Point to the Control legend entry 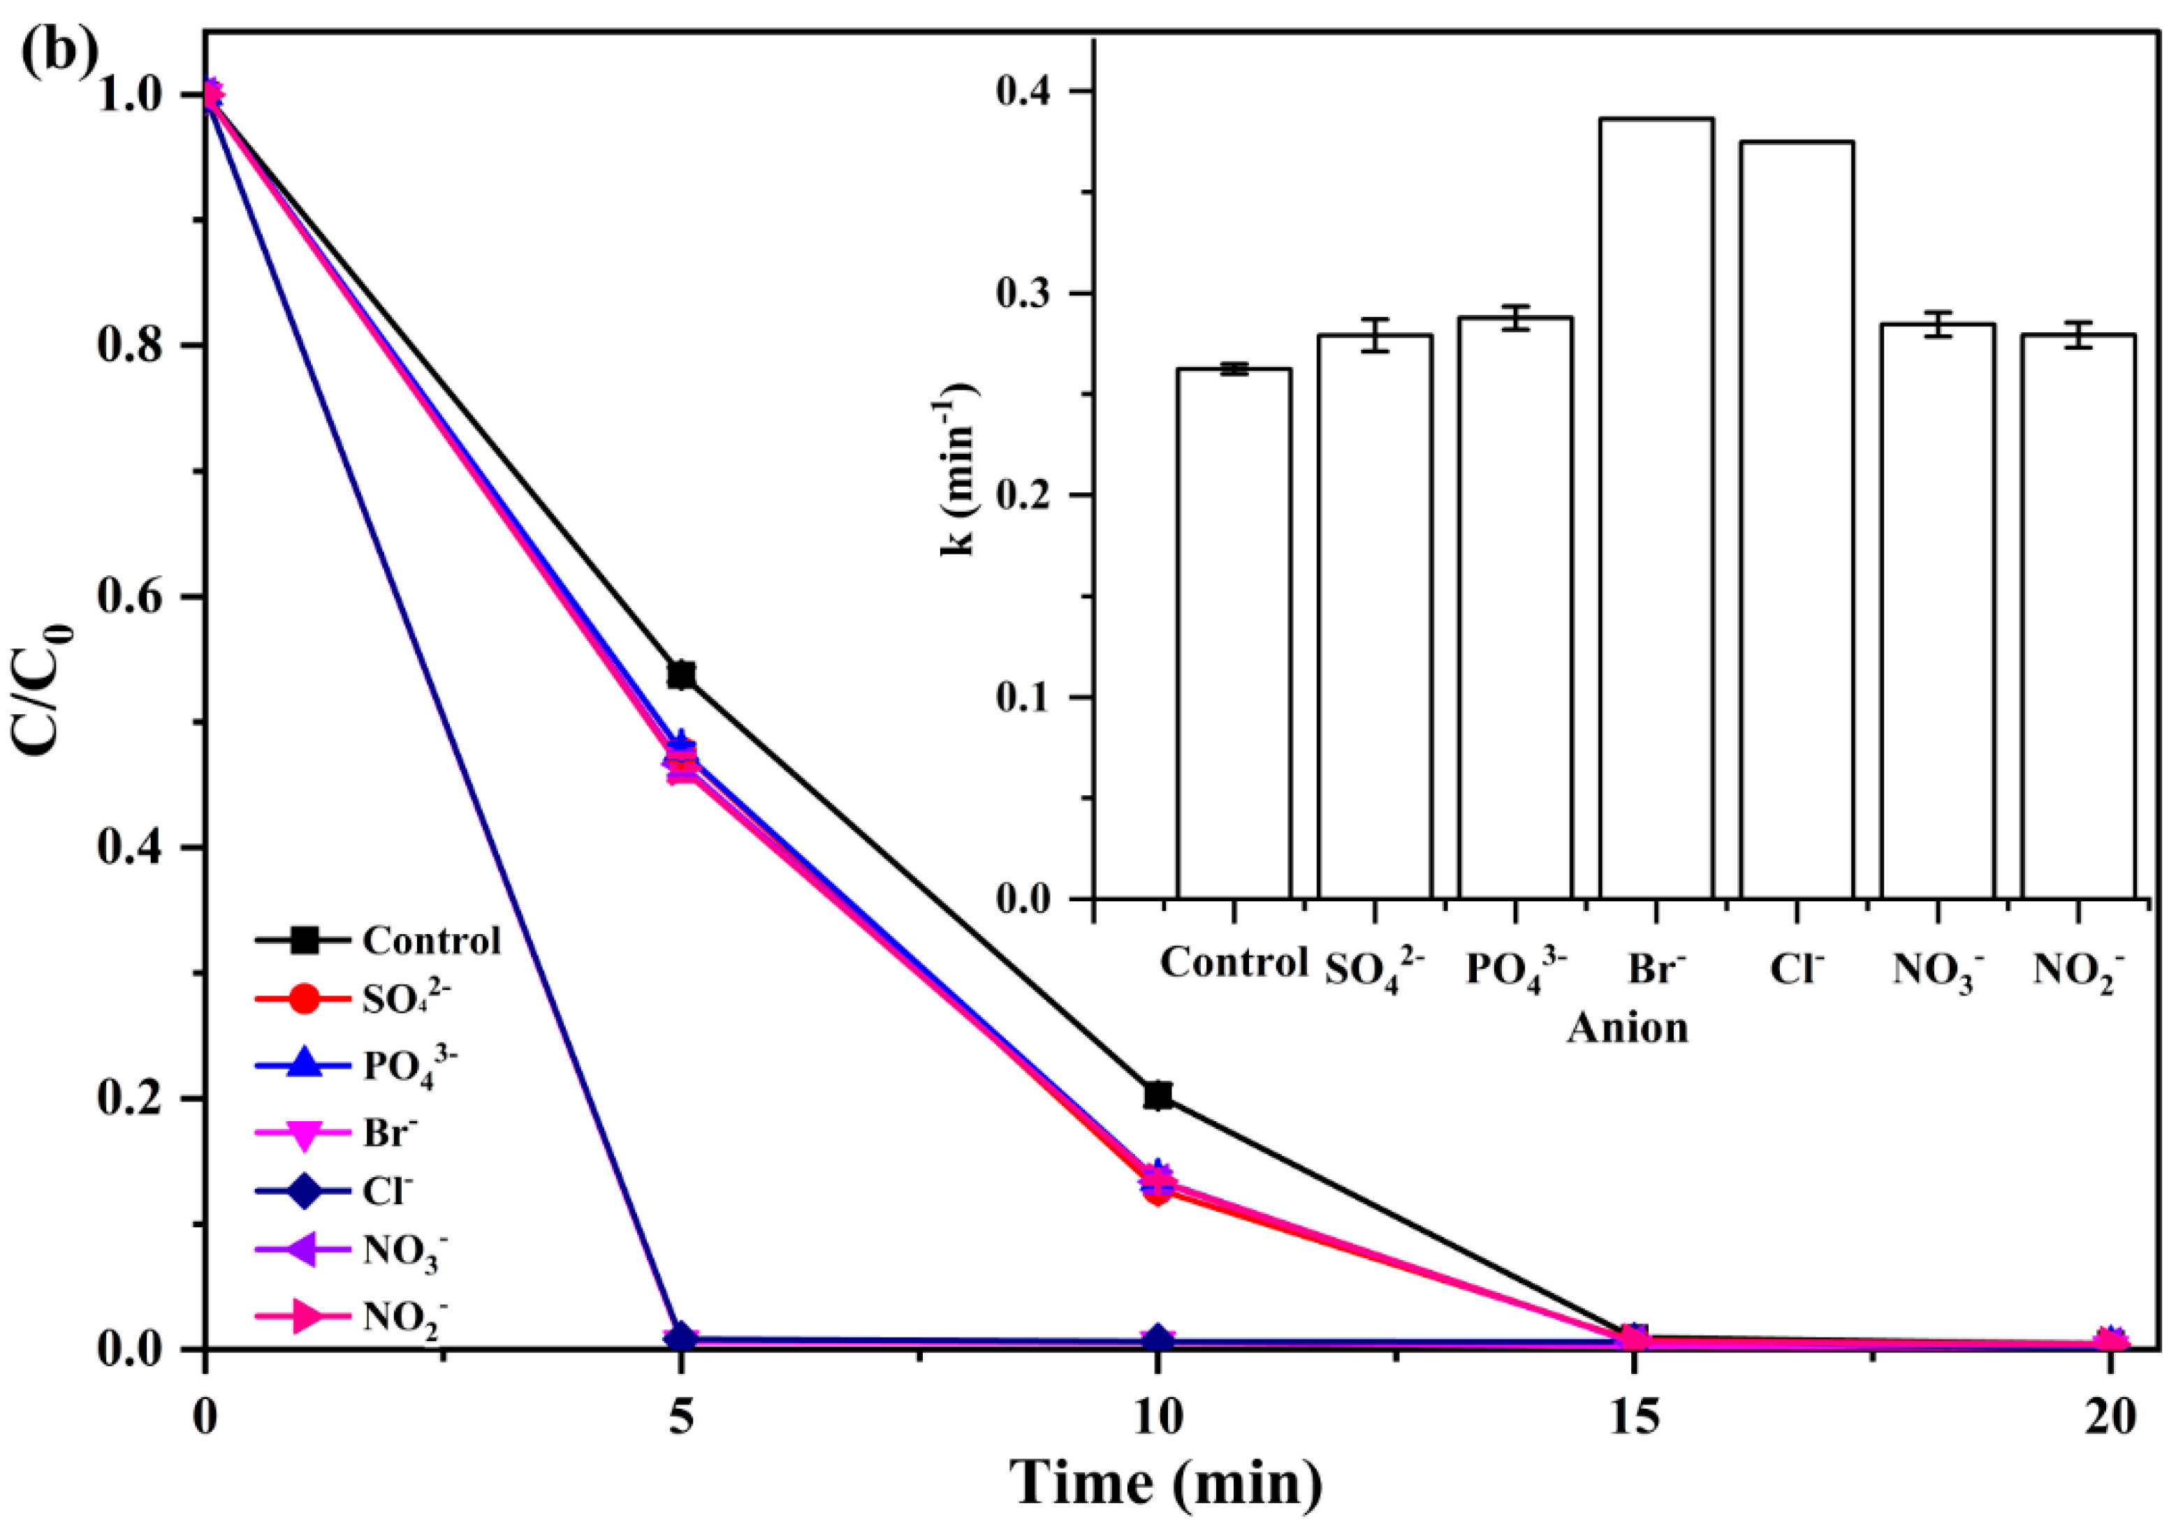pos(379,941)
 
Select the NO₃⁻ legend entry pos(351,1252)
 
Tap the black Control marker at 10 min pos(1158,1095)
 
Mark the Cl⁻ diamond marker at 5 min pos(680,1337)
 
